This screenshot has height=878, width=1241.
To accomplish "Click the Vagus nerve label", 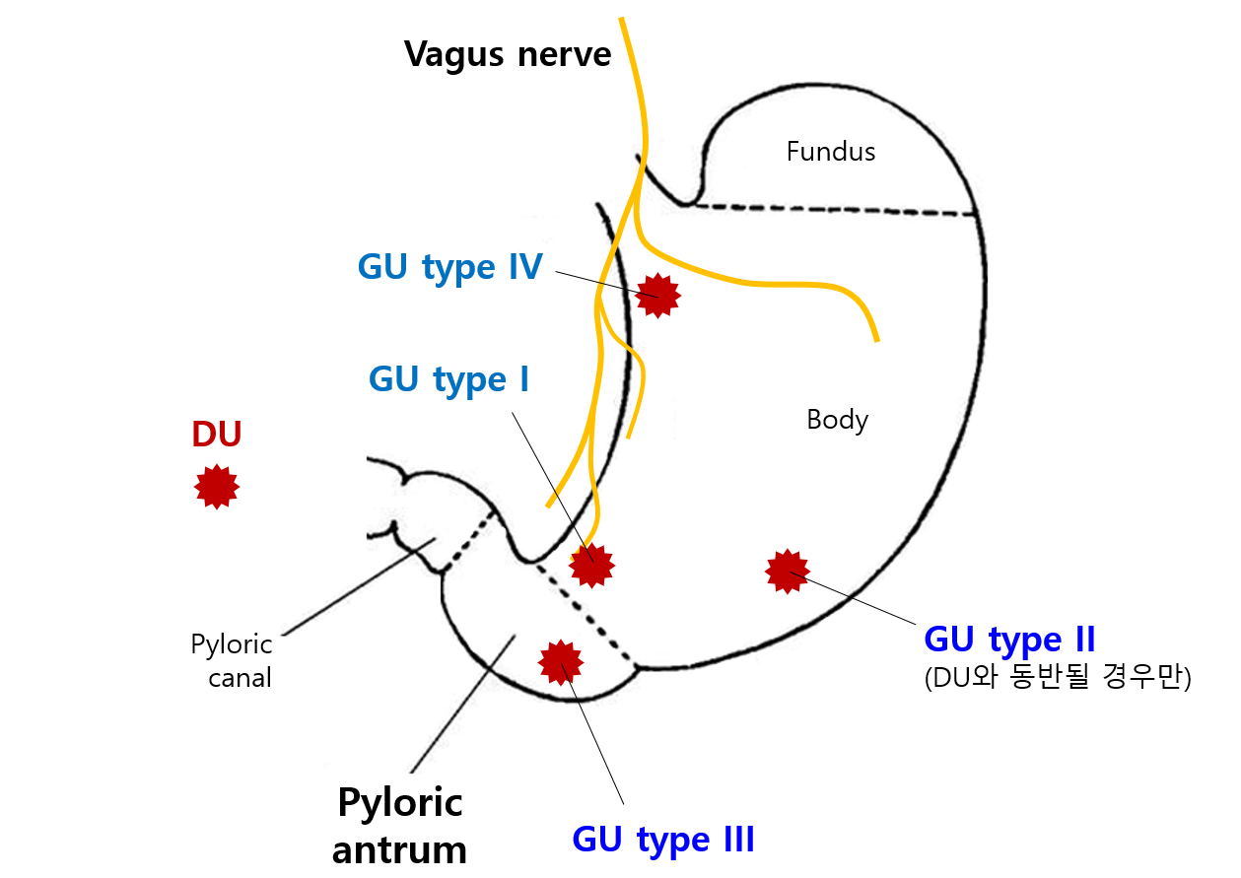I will tap(508, 54).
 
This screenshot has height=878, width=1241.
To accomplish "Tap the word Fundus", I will tap(831, 152).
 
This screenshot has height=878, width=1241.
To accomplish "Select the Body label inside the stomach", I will tap(837, 420).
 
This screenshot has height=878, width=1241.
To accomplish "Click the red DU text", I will tap(217, 435).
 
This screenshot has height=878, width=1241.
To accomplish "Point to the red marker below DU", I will tap(217, 486).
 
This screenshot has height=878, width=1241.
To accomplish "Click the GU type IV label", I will tap(449, 267).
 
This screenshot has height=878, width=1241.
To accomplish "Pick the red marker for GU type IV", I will tap(658, 295).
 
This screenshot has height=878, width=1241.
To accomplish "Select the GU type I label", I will tap(448, 379).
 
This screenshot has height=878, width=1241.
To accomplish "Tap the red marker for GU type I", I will tap(592, 565).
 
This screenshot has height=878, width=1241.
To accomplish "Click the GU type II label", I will tap(1009, 640).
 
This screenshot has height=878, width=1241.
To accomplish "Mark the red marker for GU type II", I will tap(788, 571).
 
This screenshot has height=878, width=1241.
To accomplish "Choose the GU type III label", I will tap(663, 841).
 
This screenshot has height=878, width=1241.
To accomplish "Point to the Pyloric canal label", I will tap(232, 661).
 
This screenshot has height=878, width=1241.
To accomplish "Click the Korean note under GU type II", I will tap(1058, 679).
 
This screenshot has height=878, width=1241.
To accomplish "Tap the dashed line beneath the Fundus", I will tap(838, 210).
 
